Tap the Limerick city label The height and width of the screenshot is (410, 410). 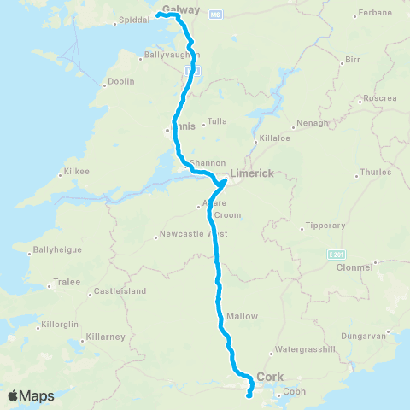tap(251, 173)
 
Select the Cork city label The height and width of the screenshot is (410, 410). tap(270, 376)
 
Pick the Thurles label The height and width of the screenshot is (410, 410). tap(376, 172)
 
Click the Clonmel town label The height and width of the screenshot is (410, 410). tap(356, 267)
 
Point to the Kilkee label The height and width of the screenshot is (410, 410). tap(78, 173)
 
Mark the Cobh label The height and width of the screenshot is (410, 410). tap(293, 392)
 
